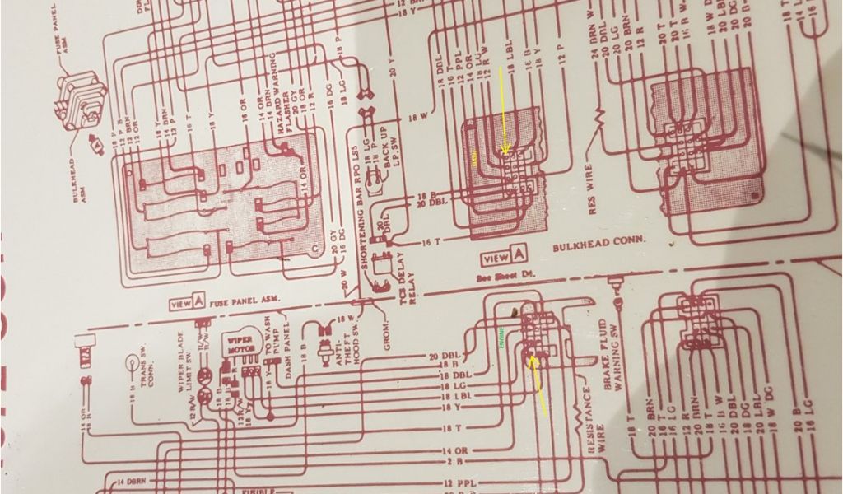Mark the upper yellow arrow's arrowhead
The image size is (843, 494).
click(505, 152)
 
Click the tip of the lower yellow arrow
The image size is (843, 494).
click(533, 358)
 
